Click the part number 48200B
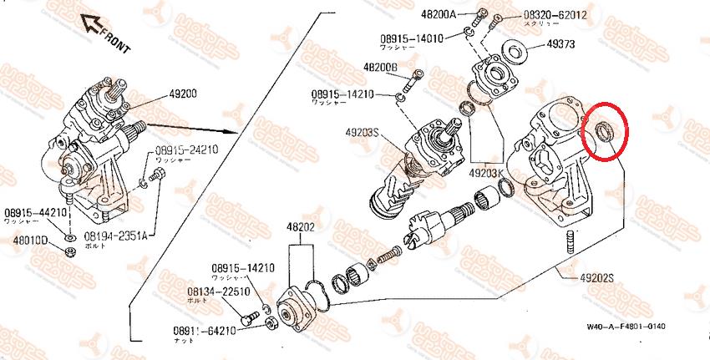tap(380, 67)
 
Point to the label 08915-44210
tap(34, 213)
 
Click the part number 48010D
tap(30, 241)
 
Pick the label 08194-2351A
tap(119, 236)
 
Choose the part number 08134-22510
tap(219, 292)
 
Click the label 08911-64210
tap(205, 330)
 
